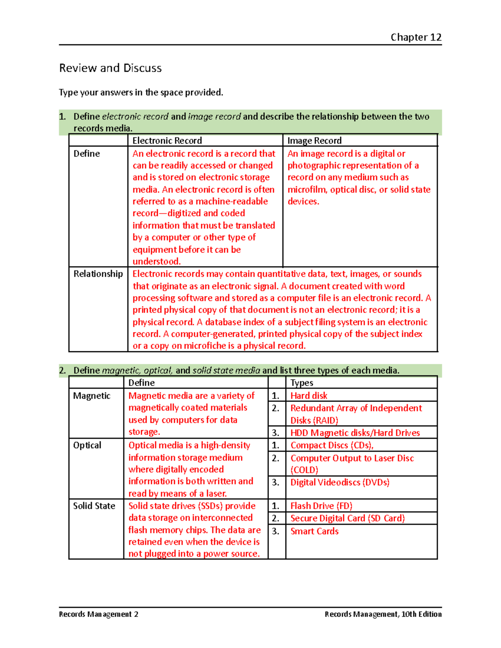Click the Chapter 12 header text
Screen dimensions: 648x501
point(416,37)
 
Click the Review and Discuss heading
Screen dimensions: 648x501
point(110,68)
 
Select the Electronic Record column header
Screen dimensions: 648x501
point(167,141)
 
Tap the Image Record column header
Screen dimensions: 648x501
point(314,141)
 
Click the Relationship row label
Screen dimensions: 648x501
point(98,274)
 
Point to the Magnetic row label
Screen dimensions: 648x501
point(91,396)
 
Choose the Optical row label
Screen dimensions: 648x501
point(87,445)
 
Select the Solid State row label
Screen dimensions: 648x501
point(94,506)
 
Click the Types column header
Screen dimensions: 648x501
point(302,383)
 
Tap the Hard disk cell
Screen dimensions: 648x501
point(309,396)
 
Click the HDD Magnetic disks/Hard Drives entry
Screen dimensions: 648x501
point(355,433)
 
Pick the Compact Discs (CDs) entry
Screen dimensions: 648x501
point(331,445)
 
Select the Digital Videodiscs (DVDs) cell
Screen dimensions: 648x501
point(340,482)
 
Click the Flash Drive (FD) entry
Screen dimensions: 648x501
point(321,506)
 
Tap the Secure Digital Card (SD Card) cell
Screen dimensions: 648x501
point(347,518)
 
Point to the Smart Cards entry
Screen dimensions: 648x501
point(314,531)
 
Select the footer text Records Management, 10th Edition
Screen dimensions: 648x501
point(383,614)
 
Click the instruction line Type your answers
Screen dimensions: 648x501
point(141,92)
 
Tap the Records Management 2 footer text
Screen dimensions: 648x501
point(99,614)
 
